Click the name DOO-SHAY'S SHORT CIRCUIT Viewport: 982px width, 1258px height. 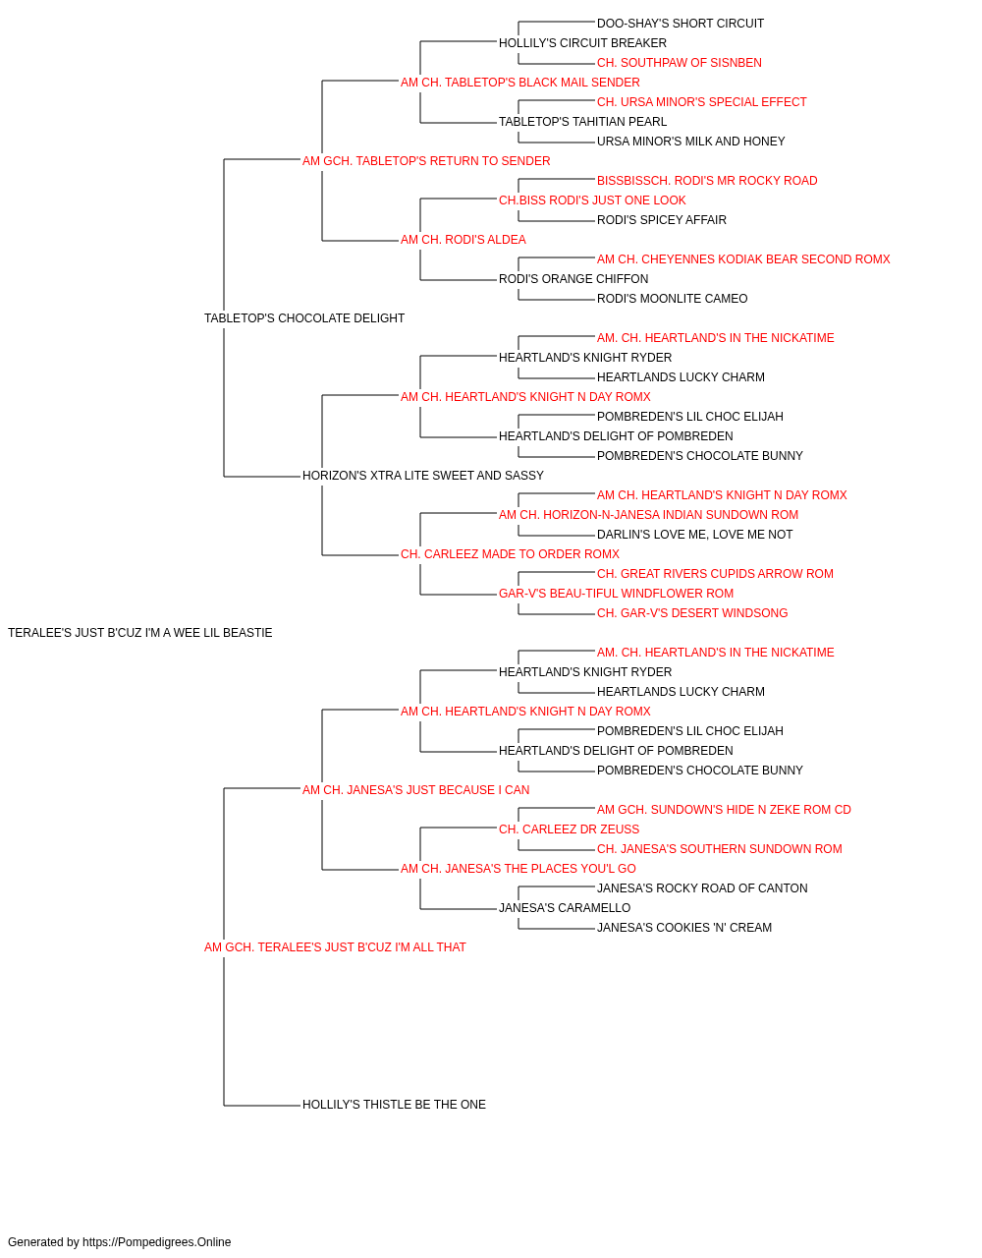pyautogui.click(x=681, y=24)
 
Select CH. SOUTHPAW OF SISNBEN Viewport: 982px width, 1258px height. pyautogui.click(x=679, y=63)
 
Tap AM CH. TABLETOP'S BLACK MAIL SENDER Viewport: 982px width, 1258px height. pyautogui.click(x=519, y=83)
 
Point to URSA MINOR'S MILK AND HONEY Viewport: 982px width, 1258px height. pyautogui.click(x=690, y=142)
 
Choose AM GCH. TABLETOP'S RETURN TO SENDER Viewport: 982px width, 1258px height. pyautogui.click(x=426, y=161)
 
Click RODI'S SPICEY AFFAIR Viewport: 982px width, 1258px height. pyautogui.click(x=662, y=220)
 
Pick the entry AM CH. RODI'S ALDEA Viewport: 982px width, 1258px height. pyautogui.click(x=464, y=240)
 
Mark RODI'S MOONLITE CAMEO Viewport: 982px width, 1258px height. pyautogui.click(x=672, y=300)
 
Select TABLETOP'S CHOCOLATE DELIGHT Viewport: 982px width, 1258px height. pyautogui.click(x=304, y=319)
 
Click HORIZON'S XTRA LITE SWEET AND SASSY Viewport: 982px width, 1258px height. pyautogui.click(x=423, y=476)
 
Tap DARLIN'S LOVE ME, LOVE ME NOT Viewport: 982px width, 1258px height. pyautogui.click(x=694, y=535)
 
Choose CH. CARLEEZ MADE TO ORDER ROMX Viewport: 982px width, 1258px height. pyautogui.click(x=510, y=554)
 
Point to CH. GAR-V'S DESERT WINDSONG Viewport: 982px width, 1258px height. pyautogui.click(x=692, y=613)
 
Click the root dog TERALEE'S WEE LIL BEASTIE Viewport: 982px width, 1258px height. pyautogui.click(x=140, y=633)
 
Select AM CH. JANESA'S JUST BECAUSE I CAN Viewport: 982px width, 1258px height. pyautogui.click(x=415, y=791)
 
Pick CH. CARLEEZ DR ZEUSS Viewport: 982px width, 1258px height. pyautogui.click(x=570, y=830)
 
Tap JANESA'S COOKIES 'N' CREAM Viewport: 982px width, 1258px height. pyautogui.click(x=684, y=928)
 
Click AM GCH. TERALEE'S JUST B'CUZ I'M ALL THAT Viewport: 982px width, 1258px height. pyautogui.click(x=335, y=947)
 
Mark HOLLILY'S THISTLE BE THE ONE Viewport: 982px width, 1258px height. pyautogui.click(x=394, y=1105)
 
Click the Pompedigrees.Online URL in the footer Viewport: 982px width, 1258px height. pyautogui.click(x=157, y=1242)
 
